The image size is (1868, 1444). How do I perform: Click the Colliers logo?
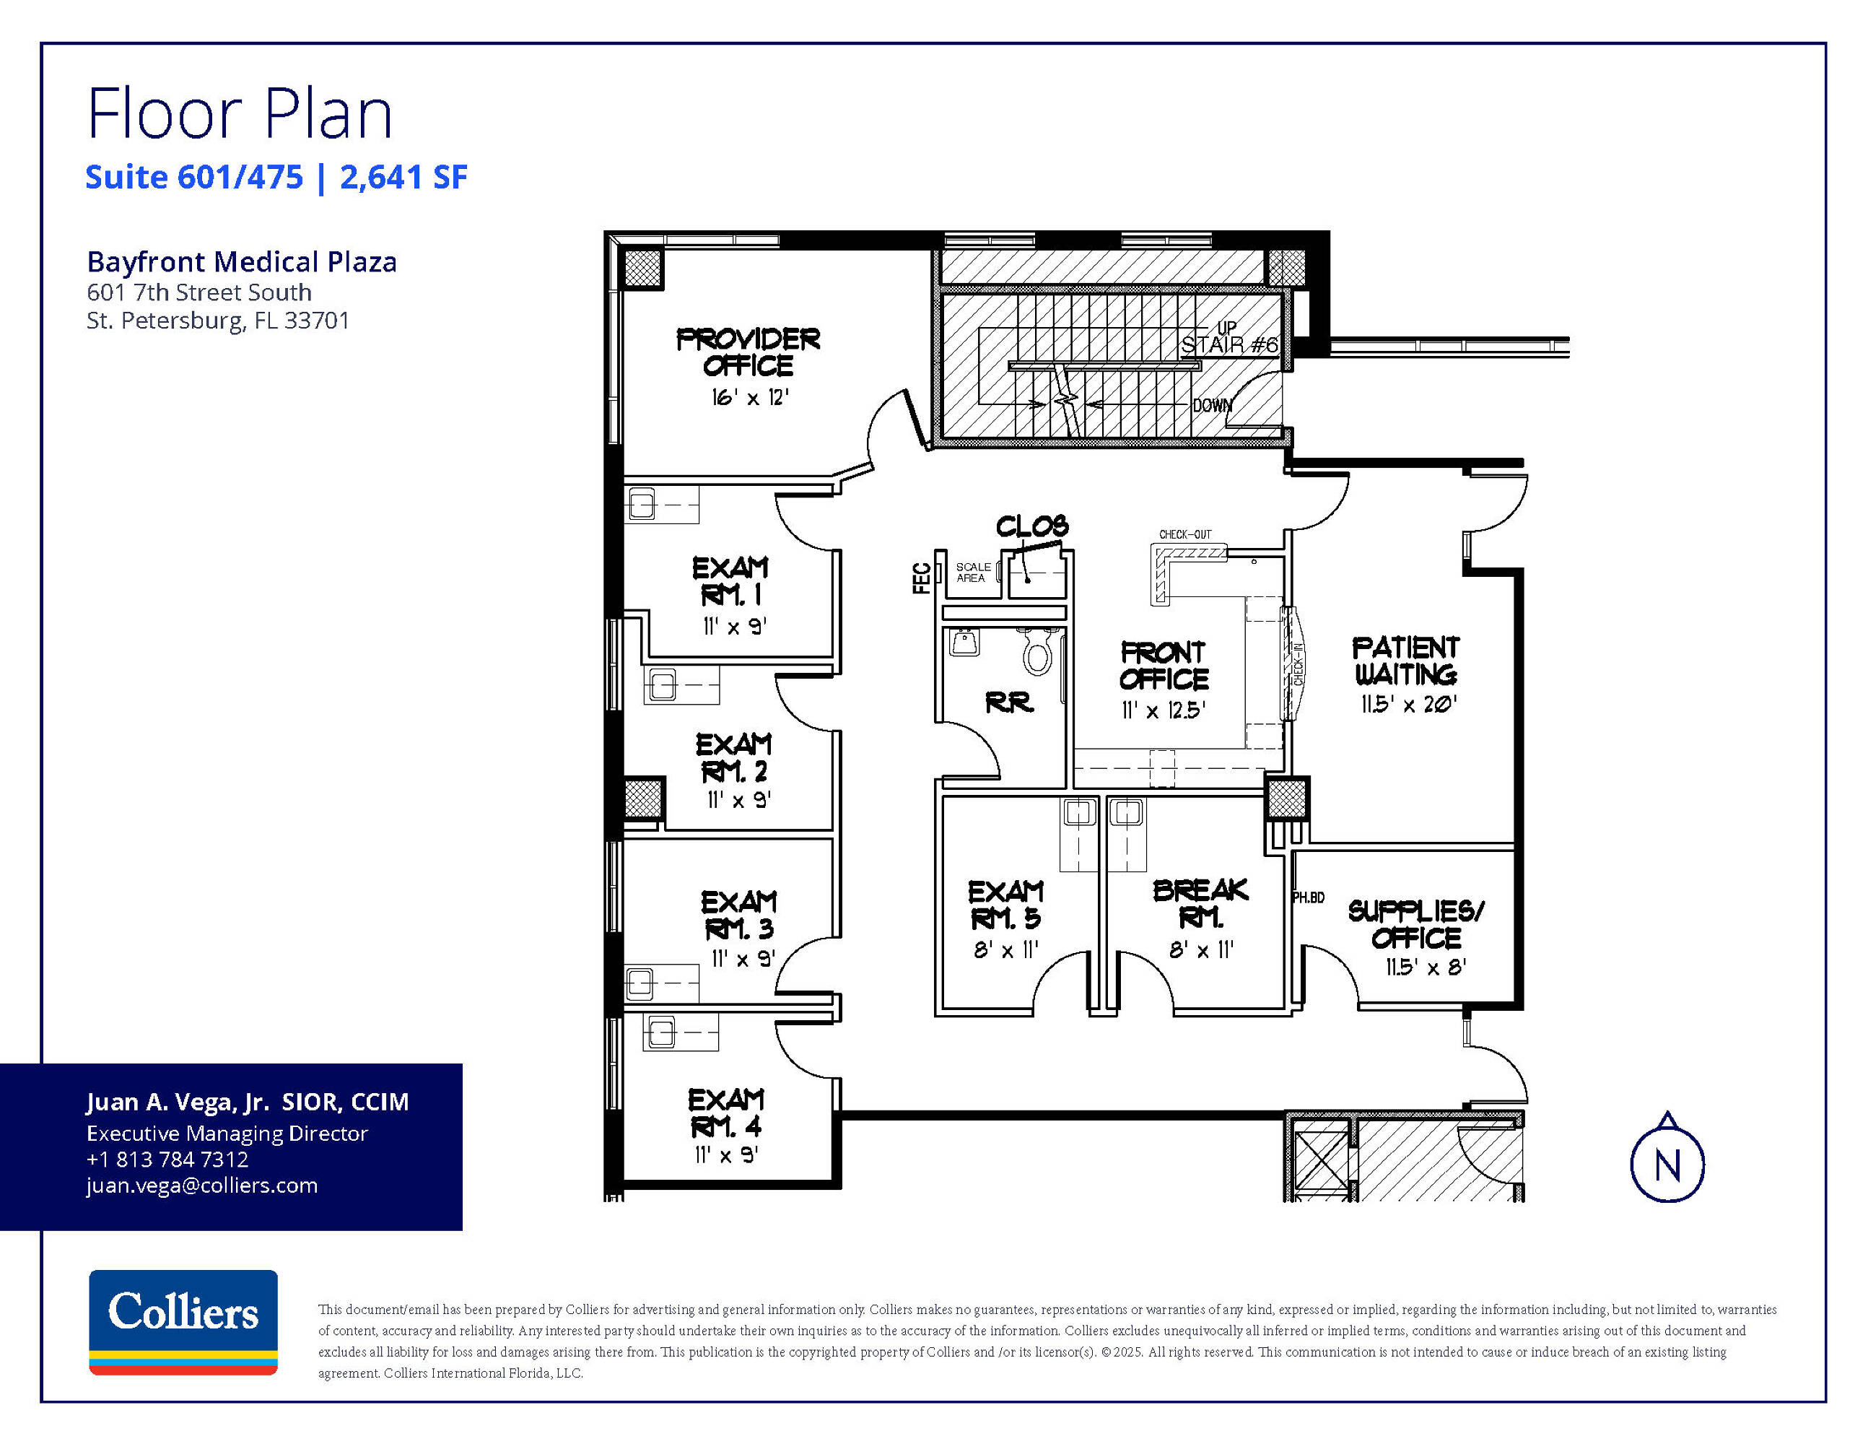point(183,1322)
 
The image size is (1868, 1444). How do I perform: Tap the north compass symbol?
point(1667,1158)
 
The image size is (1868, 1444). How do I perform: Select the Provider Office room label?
point(748,352)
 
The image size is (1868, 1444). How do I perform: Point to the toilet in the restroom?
point(1037,653)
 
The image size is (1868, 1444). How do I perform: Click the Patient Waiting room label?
point(1406,661)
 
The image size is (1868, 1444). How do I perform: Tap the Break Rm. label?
point(1201,903)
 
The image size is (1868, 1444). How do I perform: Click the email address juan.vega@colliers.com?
point(202,1186)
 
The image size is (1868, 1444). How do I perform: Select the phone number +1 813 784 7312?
point(167,1159)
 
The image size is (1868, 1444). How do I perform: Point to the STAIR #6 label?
point(1229,344)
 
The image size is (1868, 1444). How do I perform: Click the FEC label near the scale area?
point(921,578)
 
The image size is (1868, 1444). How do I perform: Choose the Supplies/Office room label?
point(1416,925)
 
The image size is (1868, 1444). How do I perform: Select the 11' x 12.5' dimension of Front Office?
point(1164,710)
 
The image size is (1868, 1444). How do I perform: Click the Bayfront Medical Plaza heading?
point(242,262)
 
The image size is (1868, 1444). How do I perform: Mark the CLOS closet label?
point(1032,526)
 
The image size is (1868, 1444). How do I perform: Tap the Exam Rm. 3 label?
point(739,915)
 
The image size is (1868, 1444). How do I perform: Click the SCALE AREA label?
point(972,573)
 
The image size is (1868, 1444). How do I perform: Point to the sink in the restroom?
point(965,642)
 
